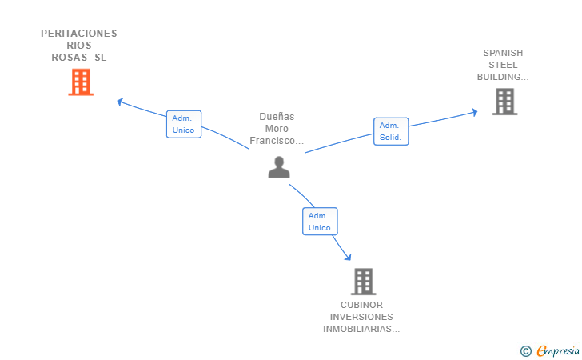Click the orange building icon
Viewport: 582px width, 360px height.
(x=81, y=82)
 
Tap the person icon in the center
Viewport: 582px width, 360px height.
(x=279, y=167)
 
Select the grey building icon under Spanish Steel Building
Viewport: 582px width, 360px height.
(x=504, y=102)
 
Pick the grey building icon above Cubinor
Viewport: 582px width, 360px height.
(x=364, y=282)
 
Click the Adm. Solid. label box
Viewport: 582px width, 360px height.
(x=391, y=131)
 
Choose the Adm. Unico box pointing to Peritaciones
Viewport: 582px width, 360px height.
(x=184, y=124)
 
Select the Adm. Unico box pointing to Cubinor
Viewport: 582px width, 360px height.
(x=320, y=222)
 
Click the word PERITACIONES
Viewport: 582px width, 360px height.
(x=78, y=34)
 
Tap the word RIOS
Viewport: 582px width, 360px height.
(x=79, y=46)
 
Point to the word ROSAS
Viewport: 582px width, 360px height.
(x=70, y=58)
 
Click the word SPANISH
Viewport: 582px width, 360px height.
(x=503, y=53)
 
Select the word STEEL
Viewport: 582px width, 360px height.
(x=503, y=65)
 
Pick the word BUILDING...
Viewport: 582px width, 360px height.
(x=499, y=77)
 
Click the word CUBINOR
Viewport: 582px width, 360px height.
(x=361, y=305)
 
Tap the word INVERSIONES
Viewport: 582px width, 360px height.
(x=361, y=317)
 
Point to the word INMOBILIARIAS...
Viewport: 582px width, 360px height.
(x=357, y=329)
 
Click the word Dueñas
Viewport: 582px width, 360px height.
(x=277, y=117)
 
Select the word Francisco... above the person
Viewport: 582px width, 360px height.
(x=277, y=141)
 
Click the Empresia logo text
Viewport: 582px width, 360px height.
(x=558, y=351)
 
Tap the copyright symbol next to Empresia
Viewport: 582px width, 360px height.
(x=526, y=351)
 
